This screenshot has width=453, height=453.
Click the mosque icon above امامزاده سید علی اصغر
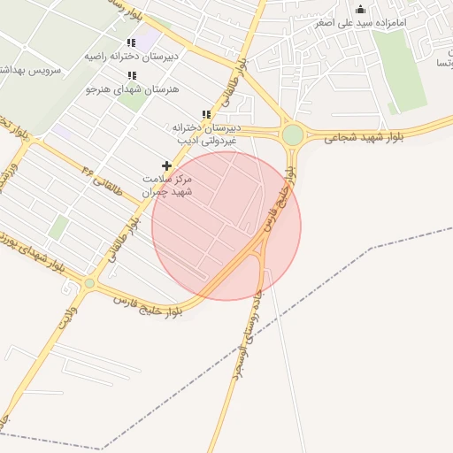tap(360, 10)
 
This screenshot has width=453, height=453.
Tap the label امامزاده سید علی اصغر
tap(362, 22)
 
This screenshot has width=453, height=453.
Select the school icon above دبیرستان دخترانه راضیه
tap(132, 42)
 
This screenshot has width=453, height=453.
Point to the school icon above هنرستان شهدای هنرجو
tap(132, 76)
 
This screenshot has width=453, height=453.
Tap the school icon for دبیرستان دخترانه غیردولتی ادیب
tap(206, 115)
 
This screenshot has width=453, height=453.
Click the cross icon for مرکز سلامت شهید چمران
tap(166, 165)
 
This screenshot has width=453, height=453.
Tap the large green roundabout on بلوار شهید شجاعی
tap(293, 135)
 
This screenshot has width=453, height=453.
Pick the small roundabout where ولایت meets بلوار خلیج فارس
tap(89, 283)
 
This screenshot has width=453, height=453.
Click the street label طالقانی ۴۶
tap(97, 173)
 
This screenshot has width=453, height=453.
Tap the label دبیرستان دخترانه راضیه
tap(132, 56)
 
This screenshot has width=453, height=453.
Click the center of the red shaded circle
tap(226, 226)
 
